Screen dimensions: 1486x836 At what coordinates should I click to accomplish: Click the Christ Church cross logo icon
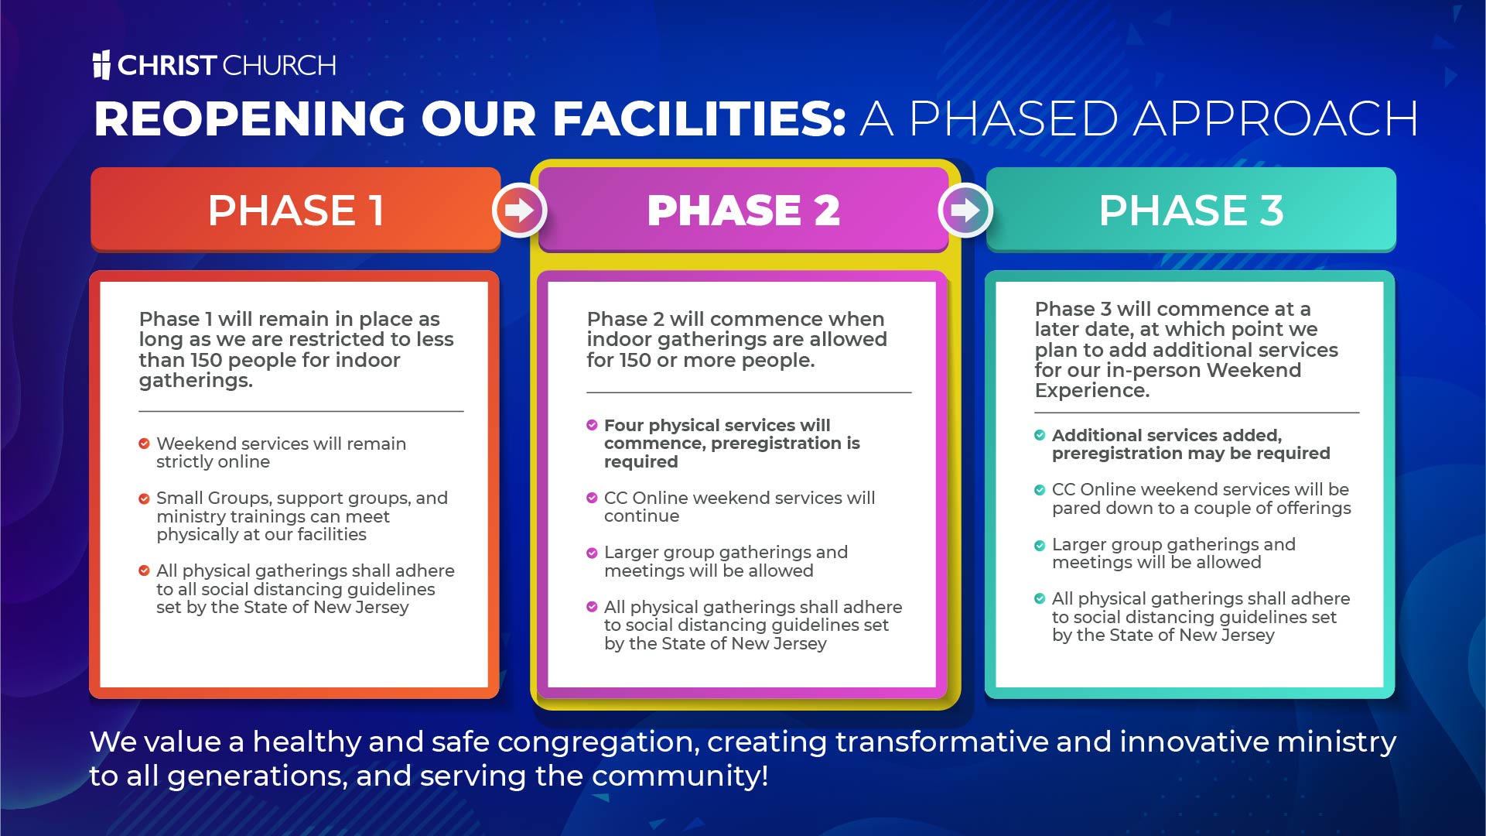click(x=101, y=65)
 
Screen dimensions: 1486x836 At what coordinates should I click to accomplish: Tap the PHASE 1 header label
click(x=296, y=210)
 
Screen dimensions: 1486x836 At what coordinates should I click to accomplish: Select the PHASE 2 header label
click(x=743, y=210)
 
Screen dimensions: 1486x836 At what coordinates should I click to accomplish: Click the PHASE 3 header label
click(x=1191, y=210)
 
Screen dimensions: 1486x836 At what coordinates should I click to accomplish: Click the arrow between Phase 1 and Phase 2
click(x=519, y=210)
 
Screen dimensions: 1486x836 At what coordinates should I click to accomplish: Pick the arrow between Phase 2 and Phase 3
click(x=965, y=210)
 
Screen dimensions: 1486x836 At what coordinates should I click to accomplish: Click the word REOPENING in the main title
click(x=250, y=118)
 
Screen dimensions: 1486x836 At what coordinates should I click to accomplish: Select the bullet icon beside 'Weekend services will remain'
click(x=144, y=444)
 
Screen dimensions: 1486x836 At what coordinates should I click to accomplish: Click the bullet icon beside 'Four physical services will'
click(x=592, y=425)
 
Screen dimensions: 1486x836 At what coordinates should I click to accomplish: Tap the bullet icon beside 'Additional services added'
click(x=1040, y=435)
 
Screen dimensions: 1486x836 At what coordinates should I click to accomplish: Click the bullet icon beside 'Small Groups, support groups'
click(x=144, y=499)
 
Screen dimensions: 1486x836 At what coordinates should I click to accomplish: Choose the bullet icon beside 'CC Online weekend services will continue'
click(x=592, y=498)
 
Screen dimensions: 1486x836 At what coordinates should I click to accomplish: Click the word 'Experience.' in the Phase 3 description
click(x=1092, y=391)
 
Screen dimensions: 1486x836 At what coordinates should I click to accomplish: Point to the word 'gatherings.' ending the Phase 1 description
click(x=196, y=381)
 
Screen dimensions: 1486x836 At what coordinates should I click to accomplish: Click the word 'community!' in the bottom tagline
click(x=680, y=776)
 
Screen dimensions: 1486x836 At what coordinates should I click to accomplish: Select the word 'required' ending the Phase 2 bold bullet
click(x=641, y=462)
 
